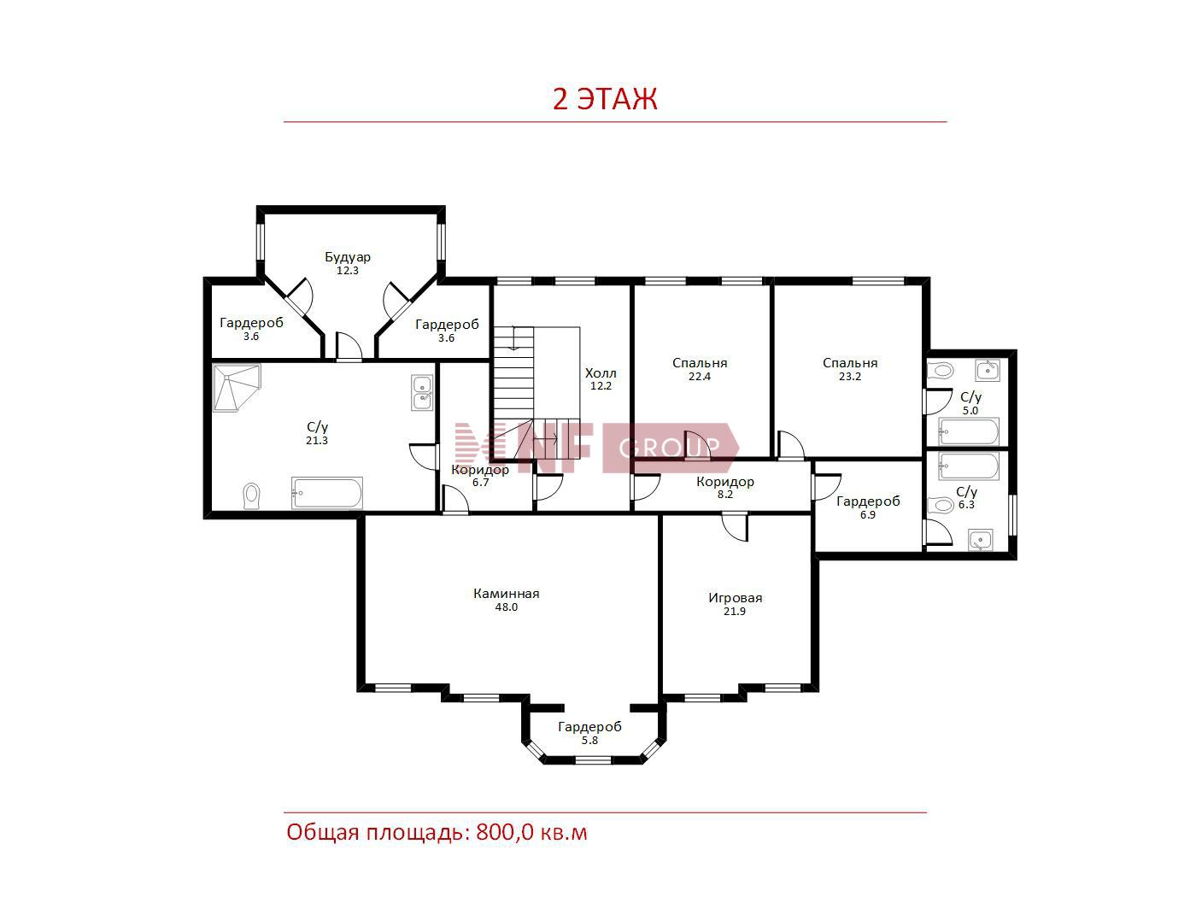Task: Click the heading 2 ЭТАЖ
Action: (x=605, y=99)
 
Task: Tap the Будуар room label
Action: (x=348, y=256)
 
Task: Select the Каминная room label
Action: (x=507, y=594)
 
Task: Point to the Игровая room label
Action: (x=735, y=597)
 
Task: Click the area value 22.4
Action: (x=700, y=377)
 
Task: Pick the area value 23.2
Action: (x=850, y=377)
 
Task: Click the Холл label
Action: (x=601, y=373)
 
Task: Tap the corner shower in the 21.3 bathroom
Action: (x=237, y=388)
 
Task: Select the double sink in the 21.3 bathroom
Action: (x=422, y=393)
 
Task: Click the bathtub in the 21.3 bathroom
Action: (x=327, y=494)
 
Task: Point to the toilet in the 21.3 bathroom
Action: (x=251, y=495)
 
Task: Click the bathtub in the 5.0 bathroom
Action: (x=969, y=432)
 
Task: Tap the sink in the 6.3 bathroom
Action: (x=980, y=540)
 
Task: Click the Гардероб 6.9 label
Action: (x=868, y=507)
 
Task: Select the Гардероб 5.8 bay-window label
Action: (x=589, y=732)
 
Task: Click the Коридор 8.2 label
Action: (x=725, y=488)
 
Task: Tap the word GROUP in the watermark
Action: (x=669, y=448)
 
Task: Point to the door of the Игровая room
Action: (x=736, y=527)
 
